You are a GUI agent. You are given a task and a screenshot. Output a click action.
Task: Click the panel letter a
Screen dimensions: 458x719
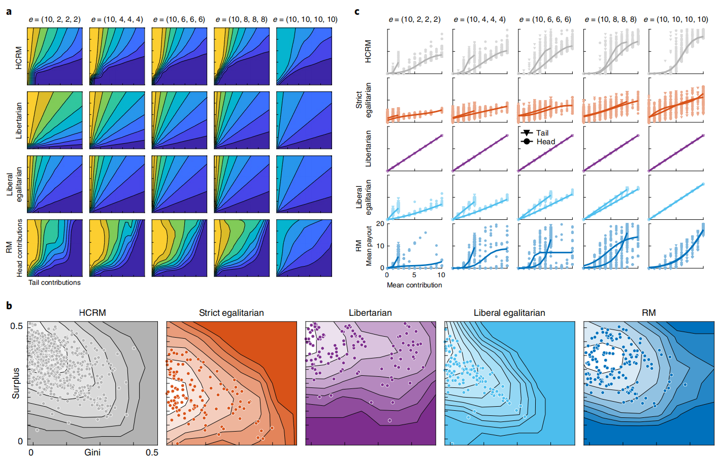[9, 11]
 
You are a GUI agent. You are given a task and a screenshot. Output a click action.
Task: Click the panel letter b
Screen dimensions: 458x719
[9, 306]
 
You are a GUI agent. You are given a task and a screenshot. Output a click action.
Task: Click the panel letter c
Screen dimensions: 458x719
[357, 11]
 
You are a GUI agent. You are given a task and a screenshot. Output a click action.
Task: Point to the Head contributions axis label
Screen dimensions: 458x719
[20, 248]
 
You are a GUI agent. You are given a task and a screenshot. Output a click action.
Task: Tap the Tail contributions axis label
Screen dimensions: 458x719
[54, 283]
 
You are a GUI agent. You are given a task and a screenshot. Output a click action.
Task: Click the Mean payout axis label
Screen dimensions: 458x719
[369, 246]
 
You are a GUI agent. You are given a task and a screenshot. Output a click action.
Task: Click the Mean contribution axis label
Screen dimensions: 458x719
[414, 285]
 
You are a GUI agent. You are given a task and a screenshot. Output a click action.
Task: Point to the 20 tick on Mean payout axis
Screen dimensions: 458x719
[380, 223]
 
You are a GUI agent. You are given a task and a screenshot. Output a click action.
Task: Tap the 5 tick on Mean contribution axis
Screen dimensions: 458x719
[414, 275]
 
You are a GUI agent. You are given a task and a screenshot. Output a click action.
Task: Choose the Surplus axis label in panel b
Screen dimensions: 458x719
[16, 383]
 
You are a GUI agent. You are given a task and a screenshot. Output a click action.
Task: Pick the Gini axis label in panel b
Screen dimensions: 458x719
[92, 452]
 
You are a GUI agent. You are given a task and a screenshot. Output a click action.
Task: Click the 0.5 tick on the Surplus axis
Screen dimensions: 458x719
[17, 326]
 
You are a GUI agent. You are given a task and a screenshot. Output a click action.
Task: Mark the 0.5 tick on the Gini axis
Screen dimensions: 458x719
[152, 452]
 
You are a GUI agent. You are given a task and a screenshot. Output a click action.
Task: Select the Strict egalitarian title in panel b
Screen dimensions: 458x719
[231, 313]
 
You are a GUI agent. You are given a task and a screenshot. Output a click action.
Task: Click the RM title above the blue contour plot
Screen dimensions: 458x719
[648, 313]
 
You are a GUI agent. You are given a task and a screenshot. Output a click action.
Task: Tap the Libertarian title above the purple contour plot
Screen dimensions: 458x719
[370, 313]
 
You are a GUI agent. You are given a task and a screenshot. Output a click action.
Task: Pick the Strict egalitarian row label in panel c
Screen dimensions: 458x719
[364, 101]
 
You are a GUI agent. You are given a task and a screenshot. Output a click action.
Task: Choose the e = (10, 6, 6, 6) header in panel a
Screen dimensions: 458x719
[179, 19]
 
